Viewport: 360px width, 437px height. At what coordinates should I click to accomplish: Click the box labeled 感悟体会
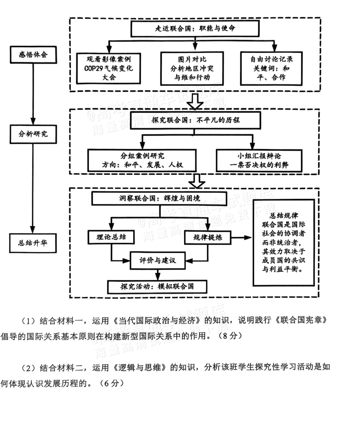(x=33, y=55)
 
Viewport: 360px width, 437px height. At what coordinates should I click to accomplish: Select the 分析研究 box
(x=33, y=134)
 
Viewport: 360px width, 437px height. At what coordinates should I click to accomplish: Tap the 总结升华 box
(x=33, y=243)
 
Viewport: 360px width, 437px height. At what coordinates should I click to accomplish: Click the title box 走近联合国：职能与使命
(x=195, y=28)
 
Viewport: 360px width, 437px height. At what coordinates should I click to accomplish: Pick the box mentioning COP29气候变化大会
(x=108, y=68)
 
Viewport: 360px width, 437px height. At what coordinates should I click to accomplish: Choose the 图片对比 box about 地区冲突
(x=192, y=69)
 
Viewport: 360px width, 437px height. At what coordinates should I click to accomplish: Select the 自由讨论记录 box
(x=271, y=68)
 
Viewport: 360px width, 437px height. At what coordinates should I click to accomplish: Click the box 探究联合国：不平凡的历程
(x=195, y=120)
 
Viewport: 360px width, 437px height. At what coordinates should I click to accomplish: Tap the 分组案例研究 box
(x=142, y=161)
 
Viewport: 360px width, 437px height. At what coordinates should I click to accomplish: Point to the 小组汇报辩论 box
(x=259, y=161)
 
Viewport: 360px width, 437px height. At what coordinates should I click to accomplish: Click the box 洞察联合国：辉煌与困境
(x=159, y=199)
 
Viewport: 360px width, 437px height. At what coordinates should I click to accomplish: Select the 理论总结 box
(x=111, y=237)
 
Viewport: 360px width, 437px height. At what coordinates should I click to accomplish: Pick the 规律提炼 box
(x=208, y=238)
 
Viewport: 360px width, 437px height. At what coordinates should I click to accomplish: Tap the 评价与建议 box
(x=158, y=261)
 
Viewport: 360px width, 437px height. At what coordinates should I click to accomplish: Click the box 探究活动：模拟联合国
(x=157, y=287)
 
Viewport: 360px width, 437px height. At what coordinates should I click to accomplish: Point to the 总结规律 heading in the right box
(x=284, y=215)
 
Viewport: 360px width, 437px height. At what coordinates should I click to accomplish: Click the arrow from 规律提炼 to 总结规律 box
(x=242, y=238)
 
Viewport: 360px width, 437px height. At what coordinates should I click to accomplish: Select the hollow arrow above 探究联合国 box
(x=195, y=102)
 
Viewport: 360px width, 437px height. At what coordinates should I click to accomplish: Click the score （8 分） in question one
(x=228, y=336)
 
